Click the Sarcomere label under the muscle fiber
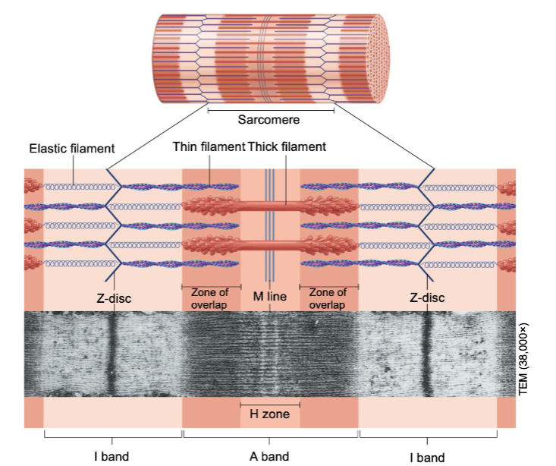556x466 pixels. pyautogui.click(x=269, y=120)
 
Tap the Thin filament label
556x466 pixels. pyautogui.click(x=208, y=146)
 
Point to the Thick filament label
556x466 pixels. pyautogui.click(x=287, y=146)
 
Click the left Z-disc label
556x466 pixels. pyautogui.click(x=114, y=298)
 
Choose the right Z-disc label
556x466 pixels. pyautogui.click(x=426, y=298)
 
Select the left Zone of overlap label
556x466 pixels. pyautogui.click(x=209, y=298)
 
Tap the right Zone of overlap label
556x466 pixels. pyautogui.click(x=328, y=298)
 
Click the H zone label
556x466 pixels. pyautogui.click(x=269, y=414)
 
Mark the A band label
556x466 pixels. pyautogui.click(x=269, y=457)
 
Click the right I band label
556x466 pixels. pyautogui.click(x=426, y=457)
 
